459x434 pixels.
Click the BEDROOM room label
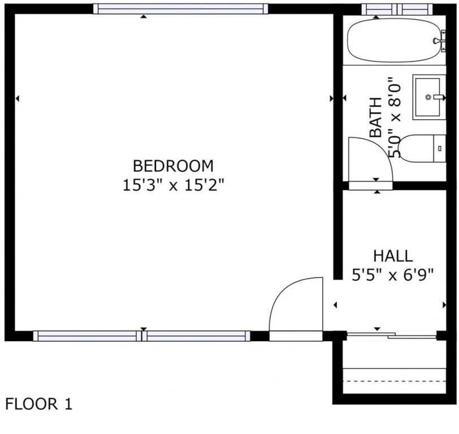tap(174, 166)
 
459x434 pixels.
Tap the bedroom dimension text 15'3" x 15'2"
tap(174, 185)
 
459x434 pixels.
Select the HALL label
tap(393, 256)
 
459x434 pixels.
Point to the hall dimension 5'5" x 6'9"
tap(392, 275)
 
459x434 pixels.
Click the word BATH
tap(376, 117)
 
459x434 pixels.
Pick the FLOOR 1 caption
tap(38, 404)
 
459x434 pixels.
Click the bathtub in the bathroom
tap(394, 40)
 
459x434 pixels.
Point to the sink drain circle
tap(428, 97)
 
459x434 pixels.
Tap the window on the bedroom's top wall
tap(181, 9)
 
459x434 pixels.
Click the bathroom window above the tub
tap(397, 9)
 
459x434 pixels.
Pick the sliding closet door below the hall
tap(392, 335)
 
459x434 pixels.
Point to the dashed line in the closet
tap(394, 381)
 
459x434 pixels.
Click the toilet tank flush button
tap(440, 149)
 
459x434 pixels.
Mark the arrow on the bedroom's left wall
tap(18, 99)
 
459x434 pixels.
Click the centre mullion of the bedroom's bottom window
tap(142, 336)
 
